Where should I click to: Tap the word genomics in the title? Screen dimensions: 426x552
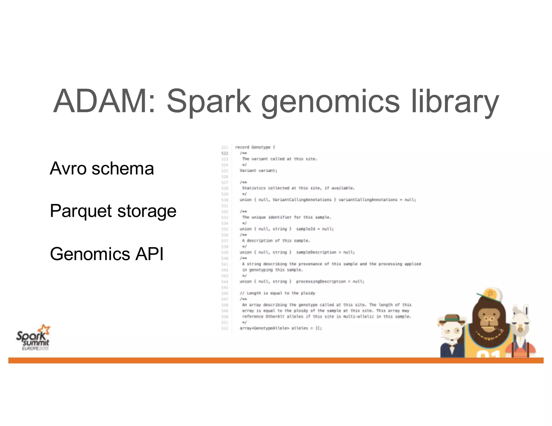pos(330,102)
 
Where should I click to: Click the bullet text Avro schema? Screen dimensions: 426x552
pos(102,169)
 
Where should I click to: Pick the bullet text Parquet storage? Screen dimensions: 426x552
pos(113,211)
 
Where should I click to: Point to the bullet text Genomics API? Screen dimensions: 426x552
pos(107,254)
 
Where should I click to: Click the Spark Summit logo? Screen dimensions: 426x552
pos(33,338)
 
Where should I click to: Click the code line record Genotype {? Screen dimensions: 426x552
pos(255,147)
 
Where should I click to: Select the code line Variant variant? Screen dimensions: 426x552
pos(258,170)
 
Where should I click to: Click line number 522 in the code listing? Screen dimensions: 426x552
pos(225,153)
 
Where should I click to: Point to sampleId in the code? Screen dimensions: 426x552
pos(305,229)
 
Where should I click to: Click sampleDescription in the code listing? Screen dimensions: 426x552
pos(316,252)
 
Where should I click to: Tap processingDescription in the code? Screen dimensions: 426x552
pos(320,281)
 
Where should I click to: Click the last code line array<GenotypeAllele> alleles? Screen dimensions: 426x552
pos(280,328)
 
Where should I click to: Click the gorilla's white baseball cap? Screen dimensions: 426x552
pos(492,295)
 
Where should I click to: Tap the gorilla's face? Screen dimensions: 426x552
pos(488,319)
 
